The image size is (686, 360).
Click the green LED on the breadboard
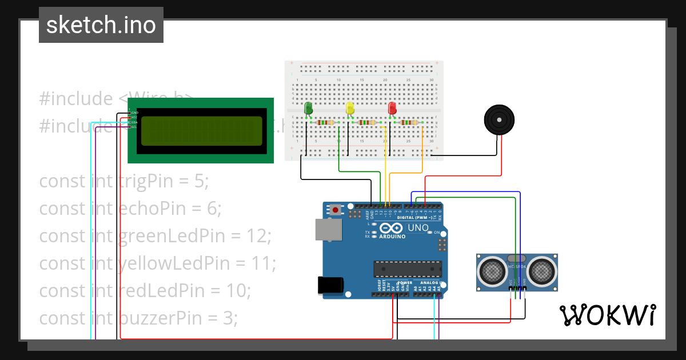click(x=309, y=108)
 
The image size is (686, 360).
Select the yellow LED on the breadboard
click(x=350, y=108)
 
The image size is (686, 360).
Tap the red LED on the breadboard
click(x=392, y=108)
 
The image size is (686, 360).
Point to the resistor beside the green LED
click(x=325, y=122)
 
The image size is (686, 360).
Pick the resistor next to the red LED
click(x=408, y=122)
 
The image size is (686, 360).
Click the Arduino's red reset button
click(x=336, y=211)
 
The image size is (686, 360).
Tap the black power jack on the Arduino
click(x=330, y=285)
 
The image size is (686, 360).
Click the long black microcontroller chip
click(x=408, y=268)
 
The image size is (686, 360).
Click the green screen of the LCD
click(x=201, y=130)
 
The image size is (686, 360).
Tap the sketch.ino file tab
click(x=101, y=25)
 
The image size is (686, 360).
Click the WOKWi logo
click(x=607, y=315)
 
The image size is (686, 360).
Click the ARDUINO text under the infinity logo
click(x=393, y=237)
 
